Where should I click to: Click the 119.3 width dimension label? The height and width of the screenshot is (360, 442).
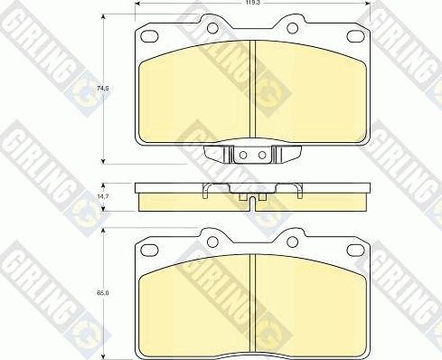pyautogui.click(x=252, y=4)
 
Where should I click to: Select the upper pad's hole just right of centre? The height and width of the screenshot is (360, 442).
pyautogui.click(x=294, y=28)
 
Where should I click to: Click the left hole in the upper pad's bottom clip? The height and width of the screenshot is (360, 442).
pyautogui.click(x=243, y=155)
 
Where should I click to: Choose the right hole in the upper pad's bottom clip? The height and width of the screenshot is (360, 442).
pyautogui.click(x=262, y=155)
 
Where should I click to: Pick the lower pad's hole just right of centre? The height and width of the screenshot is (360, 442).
pyautogui.click(x=294, y=241)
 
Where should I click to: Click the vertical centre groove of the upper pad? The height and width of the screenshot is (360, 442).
pyautogui.click(x=252, y=90)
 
